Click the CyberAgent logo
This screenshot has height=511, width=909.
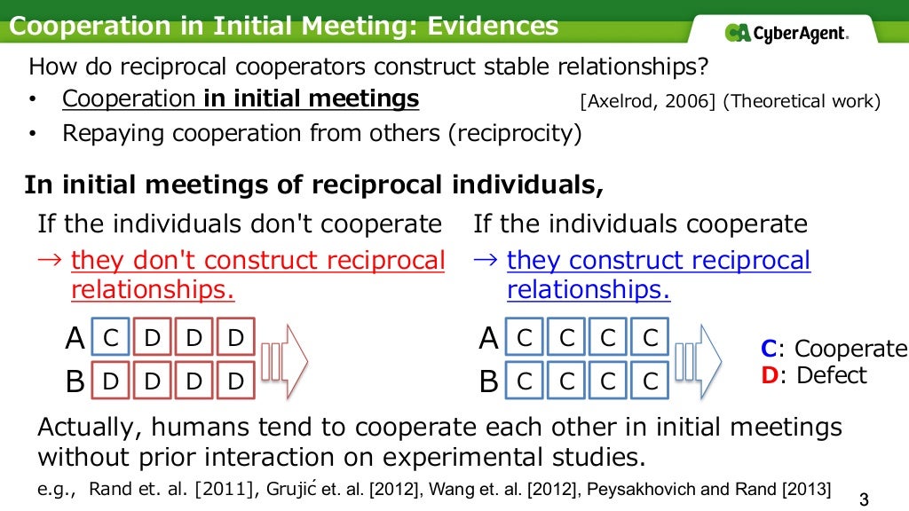786,33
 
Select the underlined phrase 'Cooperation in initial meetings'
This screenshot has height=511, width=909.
241,98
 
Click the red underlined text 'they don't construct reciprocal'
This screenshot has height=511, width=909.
258,261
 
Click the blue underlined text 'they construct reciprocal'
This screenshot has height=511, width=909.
659,261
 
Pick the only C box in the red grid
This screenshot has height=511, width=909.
111,338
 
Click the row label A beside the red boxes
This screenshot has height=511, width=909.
75,339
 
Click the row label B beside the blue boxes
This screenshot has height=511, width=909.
488,382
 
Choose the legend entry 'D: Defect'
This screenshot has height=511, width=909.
814,375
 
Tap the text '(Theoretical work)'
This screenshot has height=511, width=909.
802,101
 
